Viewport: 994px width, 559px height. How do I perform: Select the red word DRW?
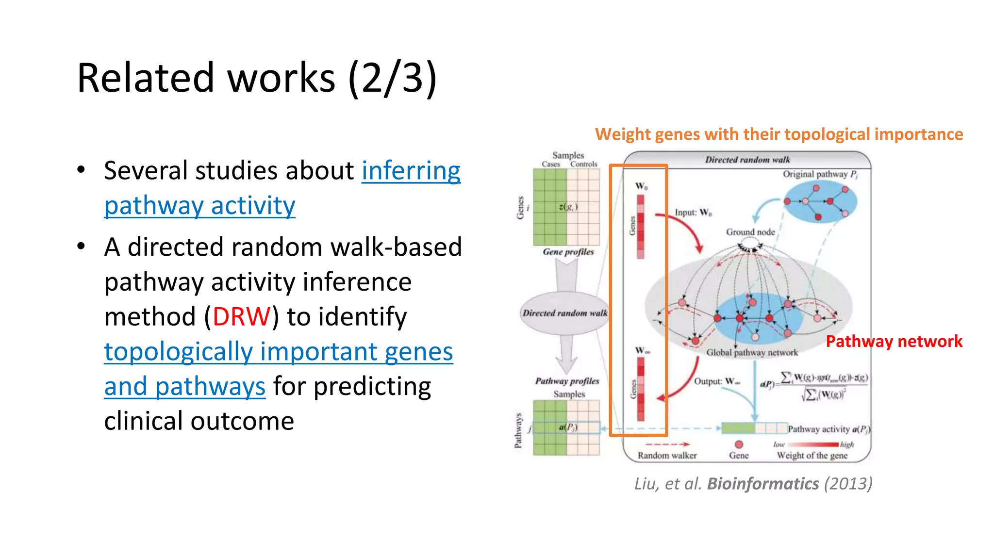(x=241, y=316)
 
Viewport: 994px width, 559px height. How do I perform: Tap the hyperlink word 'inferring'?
(x=411, y=171)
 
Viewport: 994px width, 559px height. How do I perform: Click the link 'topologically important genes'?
(x=278, y=351)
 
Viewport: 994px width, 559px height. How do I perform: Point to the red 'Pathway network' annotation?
(x=894, y=341)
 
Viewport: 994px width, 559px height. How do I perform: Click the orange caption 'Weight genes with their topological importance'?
(x=779, y=134)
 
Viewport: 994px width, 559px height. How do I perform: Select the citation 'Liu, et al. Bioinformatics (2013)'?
(x=753, y=483)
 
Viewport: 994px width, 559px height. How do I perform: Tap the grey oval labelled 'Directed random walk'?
(x=564, y=313)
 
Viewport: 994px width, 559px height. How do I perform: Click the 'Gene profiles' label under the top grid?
(x=568, y=251)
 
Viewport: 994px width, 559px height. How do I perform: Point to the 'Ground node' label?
(x=750, y=232)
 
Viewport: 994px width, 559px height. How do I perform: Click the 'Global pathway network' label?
(x=751, y=352)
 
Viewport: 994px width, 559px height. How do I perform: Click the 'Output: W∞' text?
(x=716, y=381)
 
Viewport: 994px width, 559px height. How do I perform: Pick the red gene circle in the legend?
(x=739, y=444)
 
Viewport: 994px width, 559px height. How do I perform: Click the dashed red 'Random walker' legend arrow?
(x=667, y=444)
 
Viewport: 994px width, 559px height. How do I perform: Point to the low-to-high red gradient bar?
(x=814, y=444)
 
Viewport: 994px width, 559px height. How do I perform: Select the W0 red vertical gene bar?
(x=641, y=226)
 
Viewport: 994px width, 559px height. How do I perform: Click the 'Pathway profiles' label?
(x=567, y=381)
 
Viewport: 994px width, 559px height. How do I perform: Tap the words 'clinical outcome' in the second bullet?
(x=199, y=421)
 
